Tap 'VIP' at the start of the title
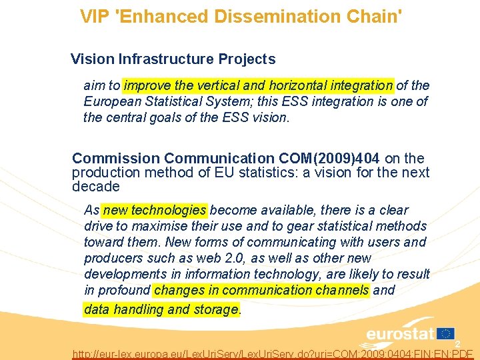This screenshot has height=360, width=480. coord(95,16)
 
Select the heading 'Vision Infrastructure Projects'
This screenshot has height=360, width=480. coord(173,59)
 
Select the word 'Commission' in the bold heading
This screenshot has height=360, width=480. coord(116,159)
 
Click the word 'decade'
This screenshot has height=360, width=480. coord(96,186)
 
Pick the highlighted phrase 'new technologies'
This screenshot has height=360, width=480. coord(155,210)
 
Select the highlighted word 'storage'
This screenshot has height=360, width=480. coord(215,309)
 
